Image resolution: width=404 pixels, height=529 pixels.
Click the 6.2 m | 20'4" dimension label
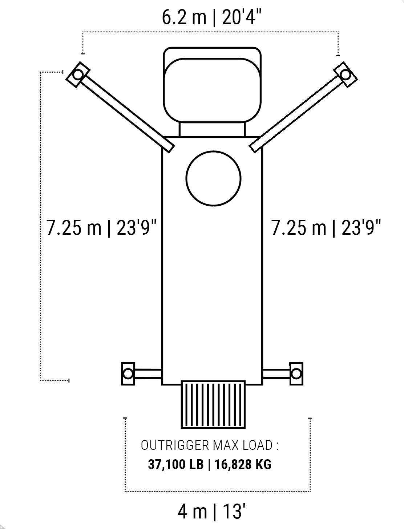[x=211, y=17]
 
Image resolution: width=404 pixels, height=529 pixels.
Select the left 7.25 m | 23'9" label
[x=101, y=228]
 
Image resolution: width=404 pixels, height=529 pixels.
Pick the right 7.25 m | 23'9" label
[x=326, y=228]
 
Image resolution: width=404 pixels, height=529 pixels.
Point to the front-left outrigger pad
[x=78, y=75]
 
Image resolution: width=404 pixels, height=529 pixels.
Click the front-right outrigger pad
[x=346, y=75]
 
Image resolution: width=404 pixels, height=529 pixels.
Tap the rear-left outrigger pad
[x=128, y=374]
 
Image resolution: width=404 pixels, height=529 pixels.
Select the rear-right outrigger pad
[x=296, y=374]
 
